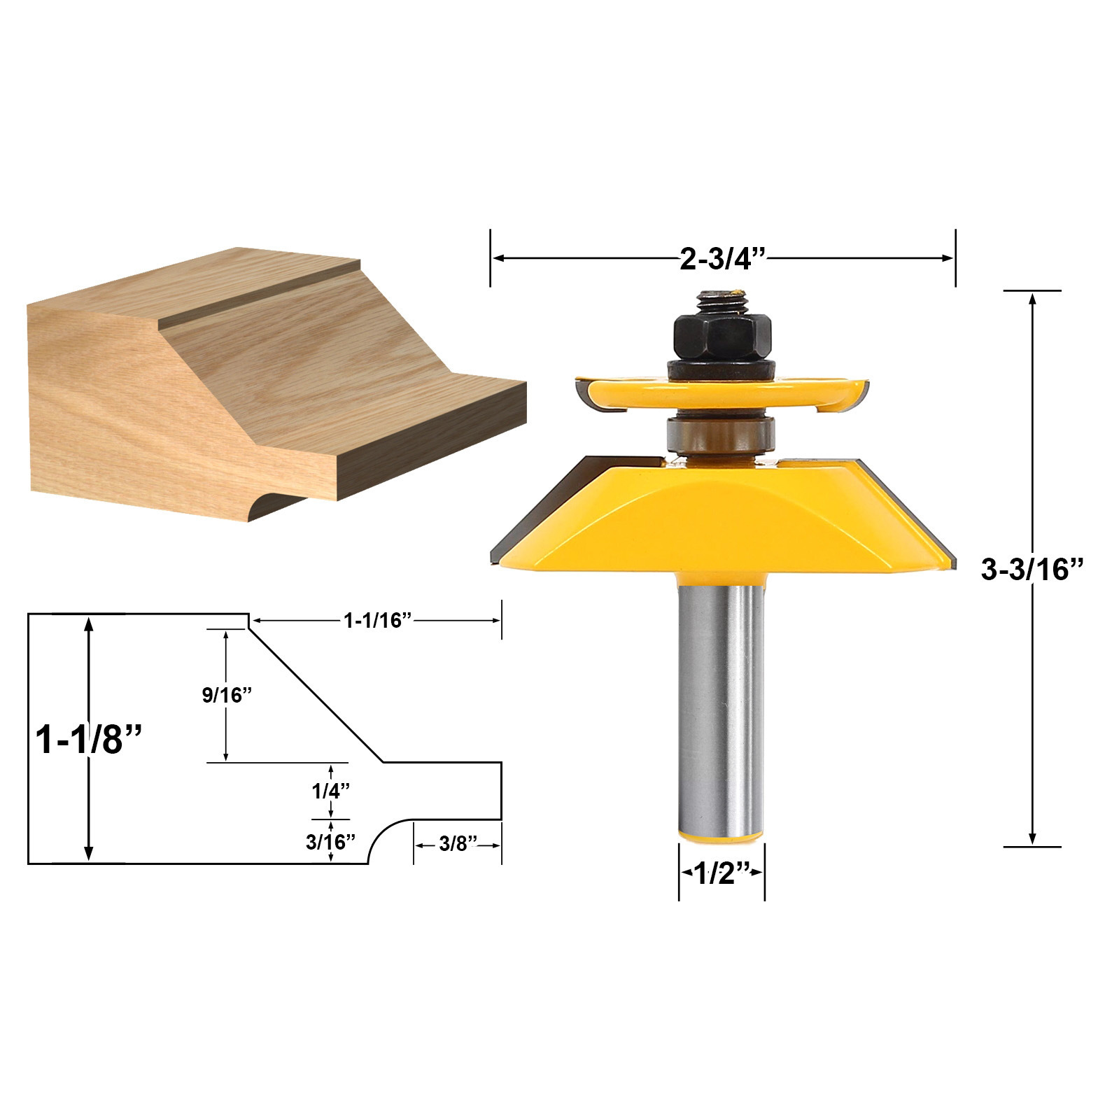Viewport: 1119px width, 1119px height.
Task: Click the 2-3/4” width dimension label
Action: (724, 259)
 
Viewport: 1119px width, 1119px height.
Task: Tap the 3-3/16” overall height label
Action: (1032, 570)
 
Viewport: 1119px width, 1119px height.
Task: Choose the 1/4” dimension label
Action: (330, 791)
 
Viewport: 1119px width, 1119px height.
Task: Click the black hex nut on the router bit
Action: (722, 336)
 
